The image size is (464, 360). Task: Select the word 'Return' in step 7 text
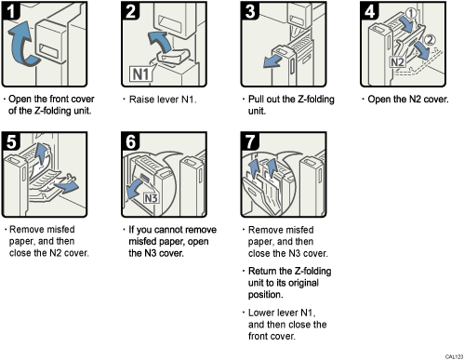[x=265, y=272]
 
